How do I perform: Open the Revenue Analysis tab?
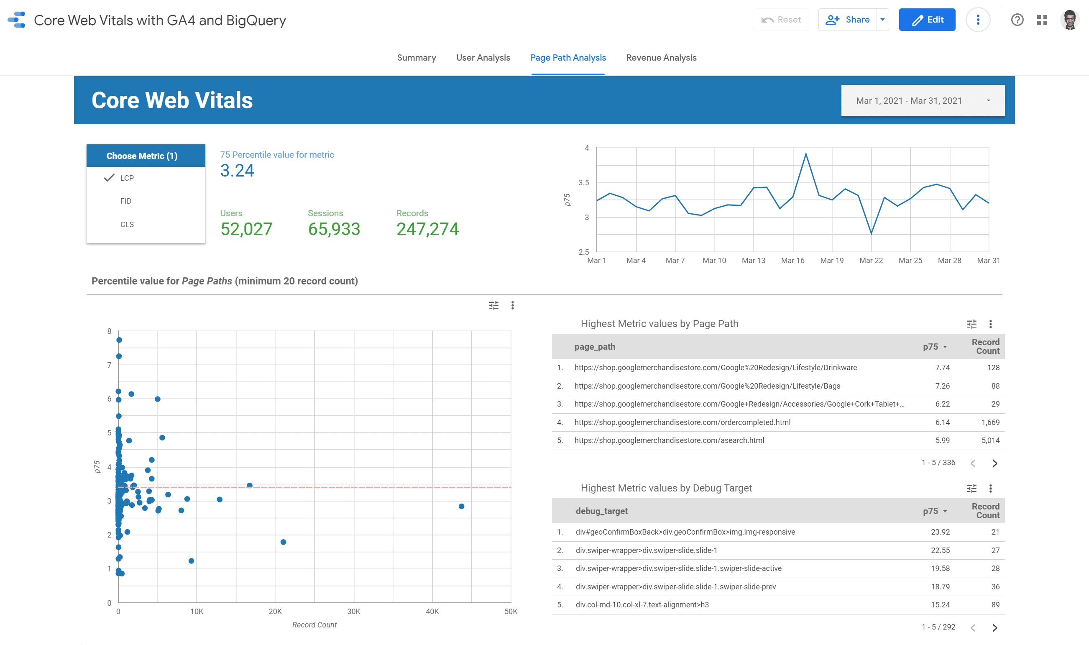tap(661, 58)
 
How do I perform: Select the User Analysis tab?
tap(483, 58)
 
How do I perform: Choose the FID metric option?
tap(126, 201)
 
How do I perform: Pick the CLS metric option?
tap(127, 224)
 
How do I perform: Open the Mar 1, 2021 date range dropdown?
tap(922, 101)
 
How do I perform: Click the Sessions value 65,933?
tap(334, 229)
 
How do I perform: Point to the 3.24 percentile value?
tap(237, 170)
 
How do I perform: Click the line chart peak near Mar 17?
tap(806, 154)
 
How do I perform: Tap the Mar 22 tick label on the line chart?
tap(871, 260)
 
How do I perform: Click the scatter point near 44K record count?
tap(462, 507)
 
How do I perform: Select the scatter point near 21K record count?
tap(283, 542)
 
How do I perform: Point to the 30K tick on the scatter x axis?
tap(353, 612)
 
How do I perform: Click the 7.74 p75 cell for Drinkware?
tap(942, 368)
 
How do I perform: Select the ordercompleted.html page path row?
tap(682, 422)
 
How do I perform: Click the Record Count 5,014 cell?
tap(990, 440)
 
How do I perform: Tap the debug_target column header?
tap(601, 511)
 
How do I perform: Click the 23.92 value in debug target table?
tap(940, 532)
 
